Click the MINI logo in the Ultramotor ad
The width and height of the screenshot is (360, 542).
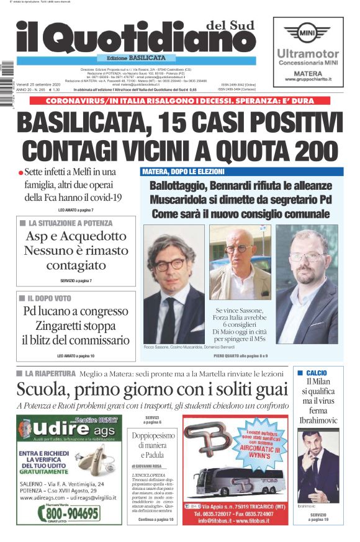(x=308, y=33)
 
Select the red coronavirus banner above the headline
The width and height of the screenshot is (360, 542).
(x=179, y=100)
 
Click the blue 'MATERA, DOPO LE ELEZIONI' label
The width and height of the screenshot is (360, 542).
(x=184, y=172)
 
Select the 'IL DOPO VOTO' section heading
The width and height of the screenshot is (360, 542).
(x=50, y=298)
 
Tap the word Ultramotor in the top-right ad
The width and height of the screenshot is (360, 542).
(x=308, y=53)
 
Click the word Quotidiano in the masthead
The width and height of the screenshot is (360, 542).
(x=149, y=38)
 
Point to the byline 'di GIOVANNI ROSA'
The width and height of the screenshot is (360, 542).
(x=146, y=465)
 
